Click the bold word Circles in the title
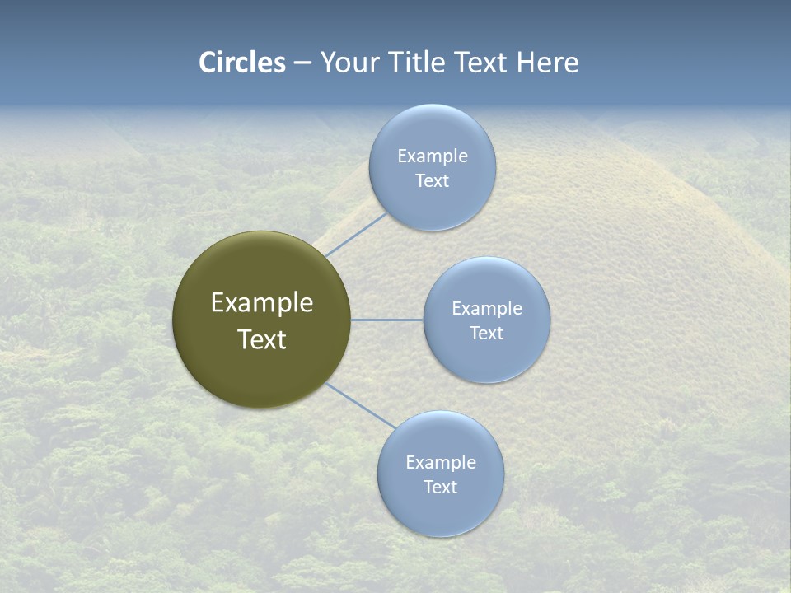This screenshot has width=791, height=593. [x=242, y=63]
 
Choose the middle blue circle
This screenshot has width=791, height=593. [x=486, y=358]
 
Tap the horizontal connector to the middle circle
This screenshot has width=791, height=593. [x=386, y=320]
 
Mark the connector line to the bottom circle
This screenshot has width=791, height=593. [x=361, y=406]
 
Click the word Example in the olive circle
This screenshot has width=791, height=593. [x=262, y=303]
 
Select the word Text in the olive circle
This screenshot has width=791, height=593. [x=262, y=339]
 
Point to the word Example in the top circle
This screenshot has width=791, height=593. [x=433, y=156]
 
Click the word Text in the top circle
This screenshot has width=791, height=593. [x=433, y=180]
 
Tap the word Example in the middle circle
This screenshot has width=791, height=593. [x=487, y=308]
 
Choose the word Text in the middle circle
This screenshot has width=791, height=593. [x=487, y=333]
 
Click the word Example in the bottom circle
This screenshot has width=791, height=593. [x=441, y=462]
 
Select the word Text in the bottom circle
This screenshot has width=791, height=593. [x=441, y=487]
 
